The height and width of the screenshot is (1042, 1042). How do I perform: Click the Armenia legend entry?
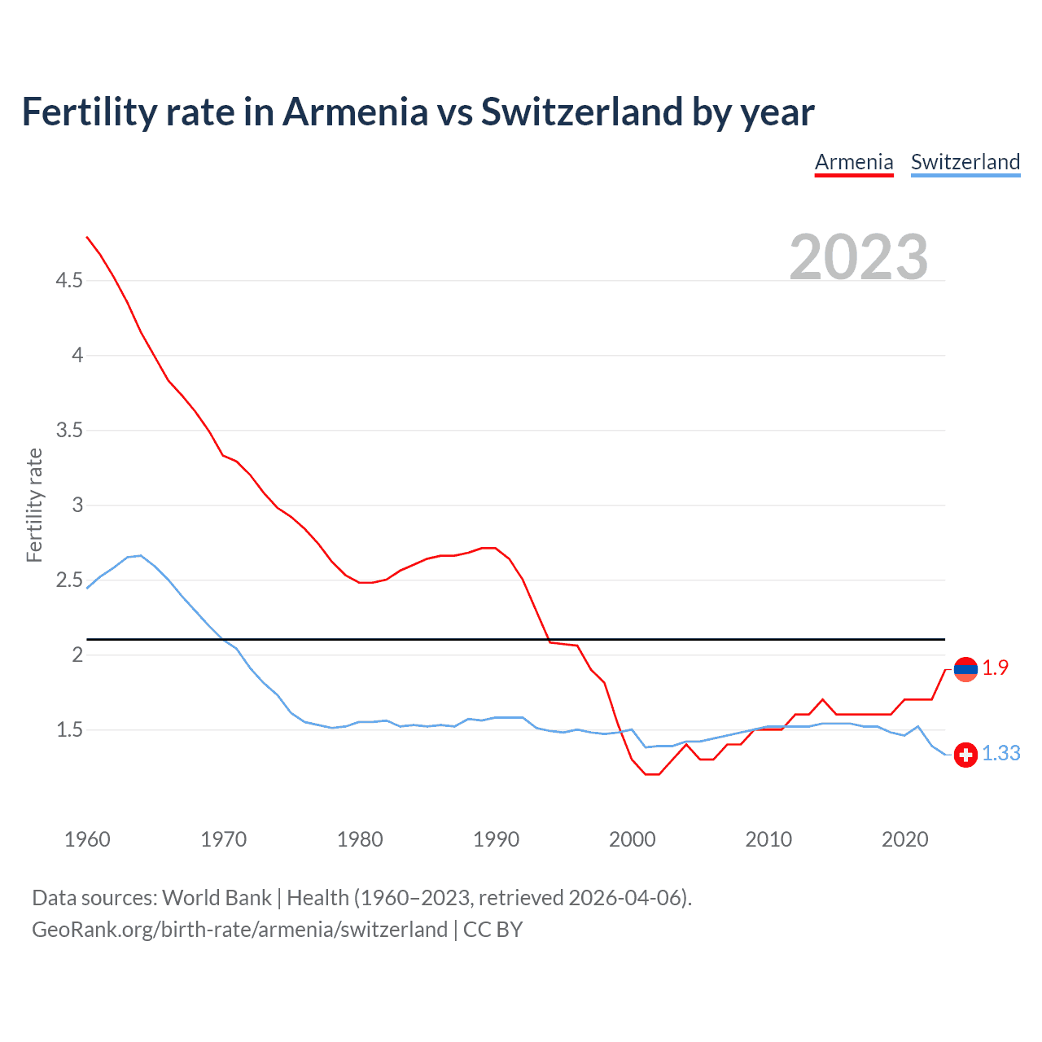coord(854,162)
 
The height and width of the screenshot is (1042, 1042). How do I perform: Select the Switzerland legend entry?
coord(965,162)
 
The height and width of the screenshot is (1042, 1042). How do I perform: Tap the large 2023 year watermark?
coord(859,257)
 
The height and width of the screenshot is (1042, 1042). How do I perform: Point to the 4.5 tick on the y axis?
coord(69,281)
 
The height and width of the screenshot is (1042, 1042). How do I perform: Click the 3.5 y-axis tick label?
coord(69,431)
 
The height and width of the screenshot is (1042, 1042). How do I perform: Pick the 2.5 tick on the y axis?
coord(69,580)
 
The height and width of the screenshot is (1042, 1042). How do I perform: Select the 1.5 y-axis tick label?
coord(69,730)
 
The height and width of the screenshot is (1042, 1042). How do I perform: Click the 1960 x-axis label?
coord(87,839)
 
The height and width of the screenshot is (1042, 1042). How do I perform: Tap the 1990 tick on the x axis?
coord(496,839)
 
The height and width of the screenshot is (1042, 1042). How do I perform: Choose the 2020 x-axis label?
coord(904,839)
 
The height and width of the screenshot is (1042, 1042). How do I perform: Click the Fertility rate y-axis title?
coord(34,505)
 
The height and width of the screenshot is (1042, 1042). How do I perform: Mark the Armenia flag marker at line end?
coord(965,669)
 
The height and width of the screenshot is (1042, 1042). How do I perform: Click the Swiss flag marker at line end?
coord(965,755)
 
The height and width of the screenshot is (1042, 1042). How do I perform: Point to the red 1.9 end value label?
coord(995,668)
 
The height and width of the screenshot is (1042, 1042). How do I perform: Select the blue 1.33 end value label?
coord(1000,754)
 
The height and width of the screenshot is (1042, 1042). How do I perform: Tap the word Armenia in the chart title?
coord(355,112)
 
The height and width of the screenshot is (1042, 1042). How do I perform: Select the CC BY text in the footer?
coord(493,930)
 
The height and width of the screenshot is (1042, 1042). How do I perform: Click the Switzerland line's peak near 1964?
coord(141,555)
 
